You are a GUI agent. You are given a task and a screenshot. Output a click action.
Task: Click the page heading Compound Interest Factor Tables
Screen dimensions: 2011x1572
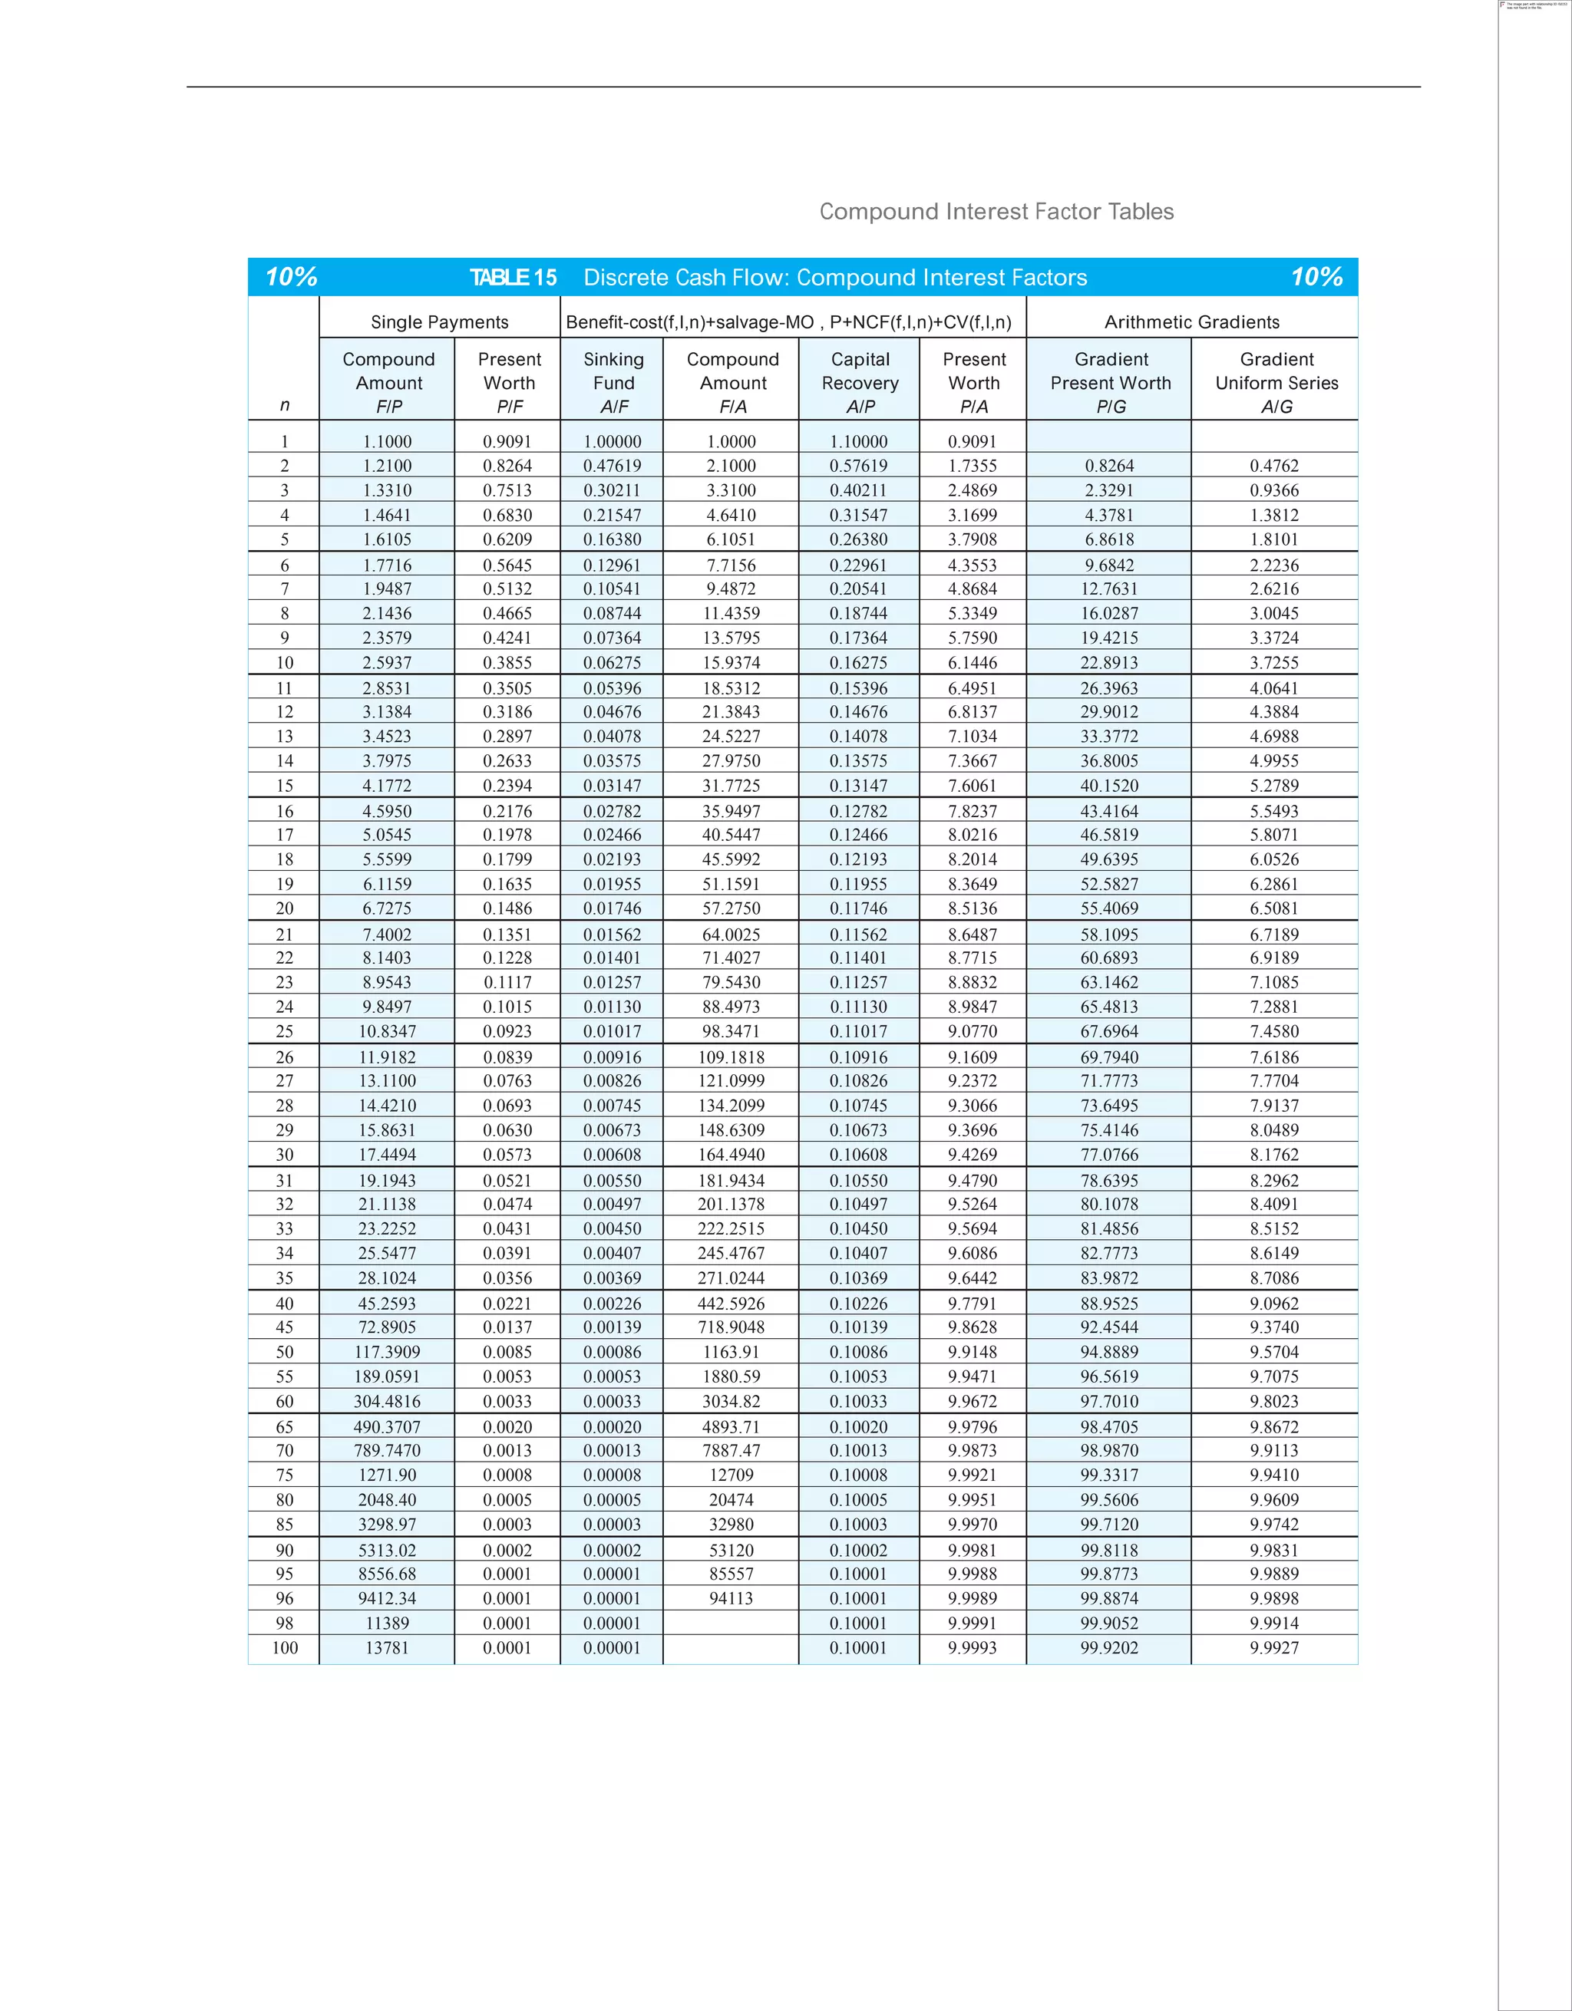pyautogui.click(x=996, y=212)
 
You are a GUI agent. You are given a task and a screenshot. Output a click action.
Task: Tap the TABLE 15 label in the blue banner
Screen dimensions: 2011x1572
pyautogui.click(x=513, y=277)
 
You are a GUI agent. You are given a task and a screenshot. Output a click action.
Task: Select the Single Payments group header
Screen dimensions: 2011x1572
pyautogui.click(x=439, y=322)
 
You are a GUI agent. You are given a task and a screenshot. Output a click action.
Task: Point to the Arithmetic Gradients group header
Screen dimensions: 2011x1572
pyautogui.click(x=1191, y=322)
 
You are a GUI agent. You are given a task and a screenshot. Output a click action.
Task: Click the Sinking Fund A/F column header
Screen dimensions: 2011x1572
pyautogui.click(x=613, y=382)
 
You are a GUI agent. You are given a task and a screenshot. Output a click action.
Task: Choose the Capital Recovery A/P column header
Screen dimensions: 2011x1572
pyautogui.click(x=860, y=382)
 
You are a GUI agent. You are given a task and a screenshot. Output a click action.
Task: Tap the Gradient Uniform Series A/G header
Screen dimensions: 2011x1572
pyautogui.click(x=1276, y=382)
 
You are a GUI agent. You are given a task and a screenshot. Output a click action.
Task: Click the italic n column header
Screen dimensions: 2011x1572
pyautogui.click(x=285, y=405)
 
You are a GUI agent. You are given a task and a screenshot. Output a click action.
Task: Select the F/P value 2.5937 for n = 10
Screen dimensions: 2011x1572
pyautogui.click(x=387, y=663)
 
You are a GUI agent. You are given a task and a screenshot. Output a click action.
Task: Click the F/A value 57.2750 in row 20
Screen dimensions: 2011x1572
pyautogui.click(x=732, y=908)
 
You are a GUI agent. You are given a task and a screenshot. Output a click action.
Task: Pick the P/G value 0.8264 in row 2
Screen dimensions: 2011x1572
pyautogui.click(x=1109, y=466)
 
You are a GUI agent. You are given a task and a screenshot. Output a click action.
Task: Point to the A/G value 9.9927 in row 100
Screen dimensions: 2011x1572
pyautogui.click(x=1273, y=1648)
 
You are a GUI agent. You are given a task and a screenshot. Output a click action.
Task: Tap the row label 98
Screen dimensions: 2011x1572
pyautogui.click(x=285, y=1624)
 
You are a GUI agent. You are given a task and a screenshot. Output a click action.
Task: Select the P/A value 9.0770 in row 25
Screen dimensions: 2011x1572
pyautogui.click(x=973, y=1031)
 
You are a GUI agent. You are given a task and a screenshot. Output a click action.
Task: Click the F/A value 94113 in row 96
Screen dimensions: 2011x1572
pyautogui.click(x=732, y=1598)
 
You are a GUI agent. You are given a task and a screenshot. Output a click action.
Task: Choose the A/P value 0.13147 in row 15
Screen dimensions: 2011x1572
pyautogui.click(x=858, y=786)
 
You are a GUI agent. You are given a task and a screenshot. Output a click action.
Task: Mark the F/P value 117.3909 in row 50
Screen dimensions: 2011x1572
pyautogui.click(x=387, y=1353)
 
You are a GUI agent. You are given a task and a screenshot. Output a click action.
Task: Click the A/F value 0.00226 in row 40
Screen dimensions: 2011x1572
pyautogui.click(x=612, y=1304)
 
